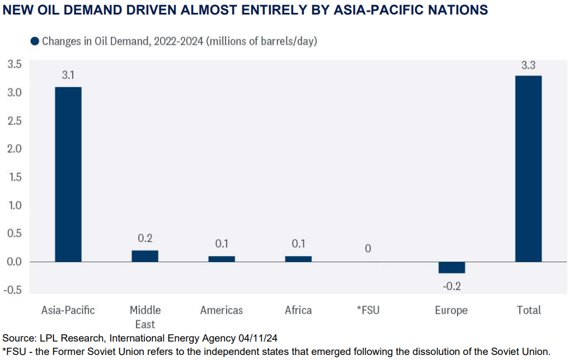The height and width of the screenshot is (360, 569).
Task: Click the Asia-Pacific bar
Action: (x=68, y=174)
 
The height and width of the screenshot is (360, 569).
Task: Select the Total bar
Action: (x=528, y=168)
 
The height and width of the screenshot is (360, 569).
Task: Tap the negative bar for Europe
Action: (x=452, y=267)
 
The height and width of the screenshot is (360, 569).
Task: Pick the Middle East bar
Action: (x=145, y=256)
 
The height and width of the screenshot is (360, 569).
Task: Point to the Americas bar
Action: (x=222, y=259)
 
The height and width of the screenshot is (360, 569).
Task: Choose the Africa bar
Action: (x=298, y=259)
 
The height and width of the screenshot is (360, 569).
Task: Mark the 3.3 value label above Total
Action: (x=528, y=64)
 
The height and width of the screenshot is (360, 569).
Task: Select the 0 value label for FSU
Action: (x=368, y=248)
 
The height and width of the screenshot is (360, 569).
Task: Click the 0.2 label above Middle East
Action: (x=145, y=238)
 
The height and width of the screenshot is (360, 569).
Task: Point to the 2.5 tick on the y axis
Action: (x=14, y=121)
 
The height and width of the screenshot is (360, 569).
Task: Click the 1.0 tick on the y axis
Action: (x=14, y=206)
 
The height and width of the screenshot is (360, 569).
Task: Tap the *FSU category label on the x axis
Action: (x=367, y=310)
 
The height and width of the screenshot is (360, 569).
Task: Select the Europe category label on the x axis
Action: (x=451, y=310)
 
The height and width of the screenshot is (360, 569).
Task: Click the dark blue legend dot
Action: (x=35, y=41)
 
